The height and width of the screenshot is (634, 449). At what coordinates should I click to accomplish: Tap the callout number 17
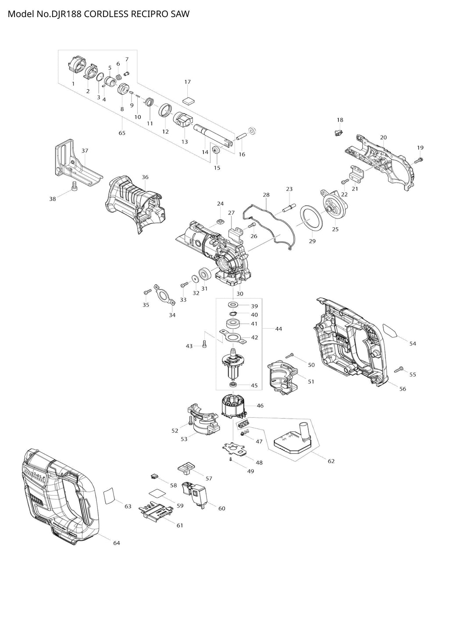point(187,82)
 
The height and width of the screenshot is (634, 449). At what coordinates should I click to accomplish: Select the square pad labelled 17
point(188,100)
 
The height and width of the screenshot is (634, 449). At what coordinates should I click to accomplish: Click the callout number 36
point(145,177)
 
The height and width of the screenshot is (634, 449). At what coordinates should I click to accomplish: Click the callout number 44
point(278,328)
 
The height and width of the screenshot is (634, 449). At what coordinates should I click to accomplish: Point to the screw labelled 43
point(204,344)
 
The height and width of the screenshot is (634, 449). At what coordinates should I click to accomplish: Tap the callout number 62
point(331,461)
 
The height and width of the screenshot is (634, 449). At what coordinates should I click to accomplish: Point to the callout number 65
point(122,133)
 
